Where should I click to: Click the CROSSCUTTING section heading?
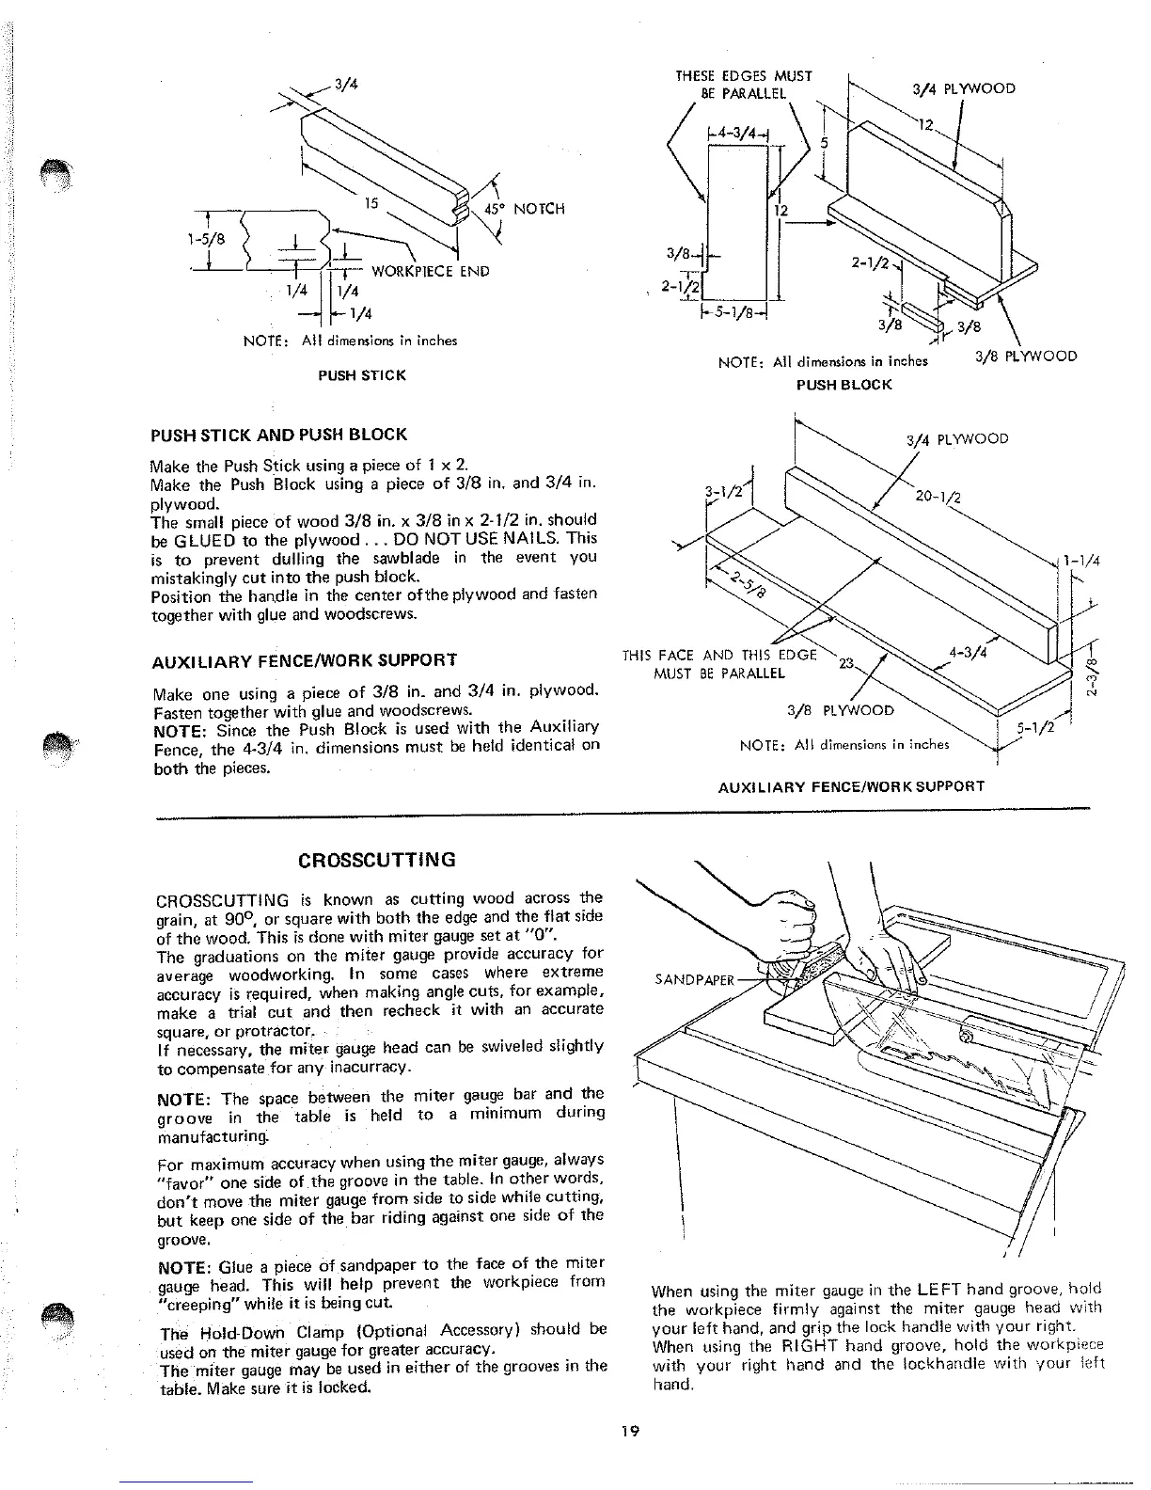(x=377, y=860)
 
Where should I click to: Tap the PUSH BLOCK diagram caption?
(x=844, y=385)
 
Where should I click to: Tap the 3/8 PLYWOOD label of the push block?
(x=1027, y=357)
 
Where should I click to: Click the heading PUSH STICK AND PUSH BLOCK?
(x=278, y=435)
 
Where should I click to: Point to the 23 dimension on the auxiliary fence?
(x=844, y=663)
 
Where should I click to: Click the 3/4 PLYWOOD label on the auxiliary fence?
(x=957, y=439)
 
